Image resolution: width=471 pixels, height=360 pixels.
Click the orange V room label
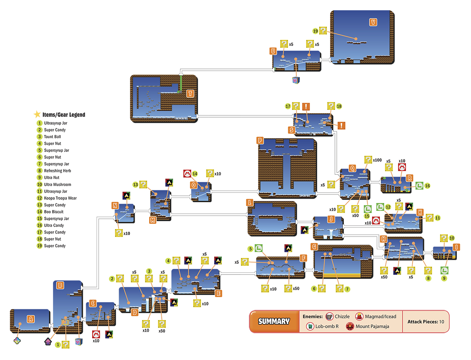pyautogui.click(x=373, y=22)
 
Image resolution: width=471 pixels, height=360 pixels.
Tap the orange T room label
pyautogui.click(x=190, y=93)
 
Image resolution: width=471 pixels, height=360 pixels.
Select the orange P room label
pyautogui.click(x=260, y=140)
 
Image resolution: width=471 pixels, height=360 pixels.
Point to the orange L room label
pyautogui.click(x=250, y=202)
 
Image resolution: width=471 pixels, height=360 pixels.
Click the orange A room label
pyautogui.click(x=31, y=319)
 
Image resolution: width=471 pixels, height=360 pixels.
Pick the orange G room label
pyautogui.click(x=314, y=247)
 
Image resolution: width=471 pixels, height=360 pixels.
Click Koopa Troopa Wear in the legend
pyautogui.click(x=60, y=198)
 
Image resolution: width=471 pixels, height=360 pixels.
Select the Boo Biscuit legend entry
pyautogui.click(x=54, y=212)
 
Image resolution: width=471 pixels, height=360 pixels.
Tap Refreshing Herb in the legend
pyautogui.click(x=58, y=171)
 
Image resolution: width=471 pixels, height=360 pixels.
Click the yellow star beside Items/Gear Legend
pyautogui.click(x=37, y=114)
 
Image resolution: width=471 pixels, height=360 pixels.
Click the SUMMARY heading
pyautogui.click(x=274, y=321)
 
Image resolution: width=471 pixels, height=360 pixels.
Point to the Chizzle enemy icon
pyautogui.click(x=329, y=316)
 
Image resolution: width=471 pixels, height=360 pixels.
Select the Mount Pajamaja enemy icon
pyautogui.click(x=350, y=326)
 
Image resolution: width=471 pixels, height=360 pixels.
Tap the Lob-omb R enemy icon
pyautogui.click(x=310, y=326)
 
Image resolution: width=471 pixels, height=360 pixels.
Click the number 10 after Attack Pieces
pyautogui.click(x=442, y=322)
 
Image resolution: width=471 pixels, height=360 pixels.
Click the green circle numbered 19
pyautogui.click(x=315, y=31)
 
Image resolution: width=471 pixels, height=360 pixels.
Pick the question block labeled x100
pyautogui.click(x=368, y=160)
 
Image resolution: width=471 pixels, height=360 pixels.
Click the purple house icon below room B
pyautogui.click(x=48, y=341)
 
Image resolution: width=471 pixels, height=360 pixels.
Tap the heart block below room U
pyautogui.click(x=296, y=80)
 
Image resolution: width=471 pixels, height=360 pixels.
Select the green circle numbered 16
pyautogui.click(x=427, y=186)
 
